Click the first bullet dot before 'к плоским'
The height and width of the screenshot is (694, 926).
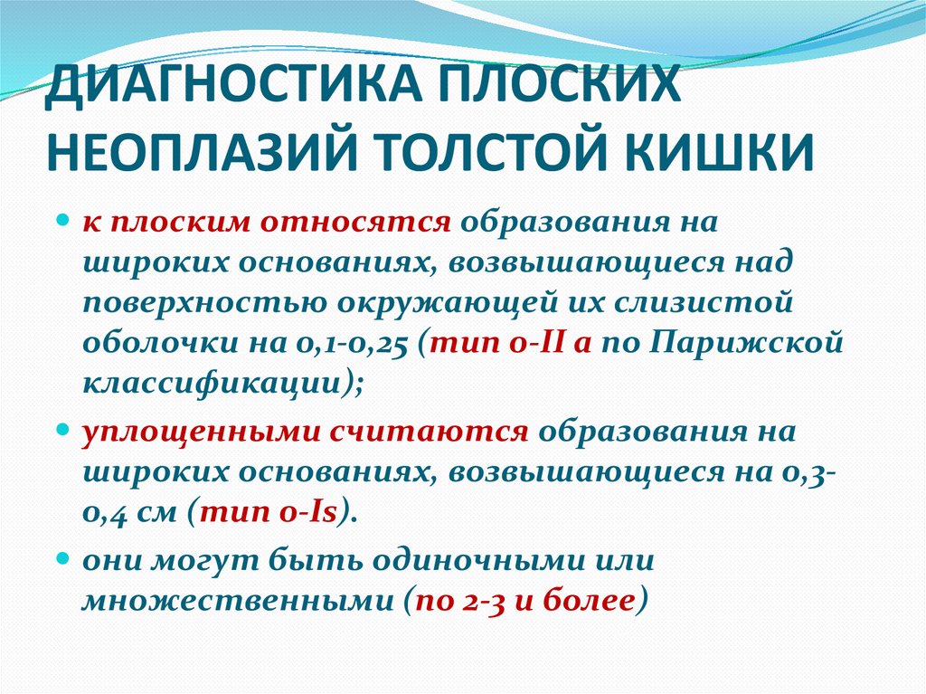[x=64, y=221]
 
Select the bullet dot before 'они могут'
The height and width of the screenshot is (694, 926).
[x=64, y=559]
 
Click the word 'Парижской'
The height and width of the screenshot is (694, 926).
[x=745, y=347]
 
